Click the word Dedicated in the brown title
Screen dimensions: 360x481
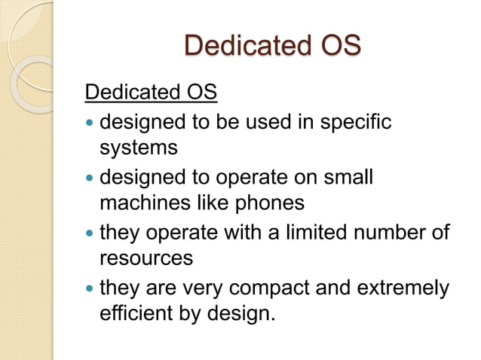point(243,46)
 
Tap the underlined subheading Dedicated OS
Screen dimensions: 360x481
point(151,94)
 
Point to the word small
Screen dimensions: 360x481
point(348,178)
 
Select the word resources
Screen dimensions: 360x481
point(146,259)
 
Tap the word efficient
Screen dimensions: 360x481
point(133,313)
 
